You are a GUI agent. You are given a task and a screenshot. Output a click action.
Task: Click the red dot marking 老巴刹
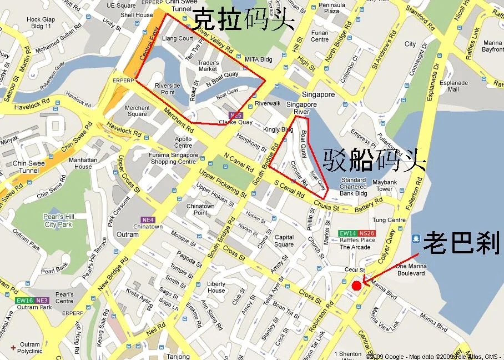click(356, 285)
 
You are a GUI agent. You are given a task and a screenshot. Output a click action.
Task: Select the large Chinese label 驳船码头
click(374, 160)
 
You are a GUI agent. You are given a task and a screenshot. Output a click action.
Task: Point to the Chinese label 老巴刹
click(461, 243)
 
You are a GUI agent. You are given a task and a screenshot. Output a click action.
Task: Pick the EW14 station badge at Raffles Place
click(348, 233)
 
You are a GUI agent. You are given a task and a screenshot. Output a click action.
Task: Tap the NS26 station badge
click(367, 233)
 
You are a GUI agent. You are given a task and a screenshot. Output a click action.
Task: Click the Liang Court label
click(177, 39)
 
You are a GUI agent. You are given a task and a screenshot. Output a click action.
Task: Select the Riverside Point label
click(167, 89)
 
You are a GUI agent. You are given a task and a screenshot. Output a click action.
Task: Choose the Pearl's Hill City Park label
click(58, 221)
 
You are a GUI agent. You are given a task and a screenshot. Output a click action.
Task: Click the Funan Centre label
click(320, 36)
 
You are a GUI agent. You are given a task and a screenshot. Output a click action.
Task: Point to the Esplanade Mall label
click(457, 86)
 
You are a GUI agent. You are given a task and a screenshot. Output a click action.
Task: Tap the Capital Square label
click(284, 241)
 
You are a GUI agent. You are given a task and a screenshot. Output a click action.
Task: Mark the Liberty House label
click(216, 287)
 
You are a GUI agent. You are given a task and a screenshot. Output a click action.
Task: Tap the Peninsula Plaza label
click(331, 8)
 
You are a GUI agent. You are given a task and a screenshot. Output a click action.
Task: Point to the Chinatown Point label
click(200, 209)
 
